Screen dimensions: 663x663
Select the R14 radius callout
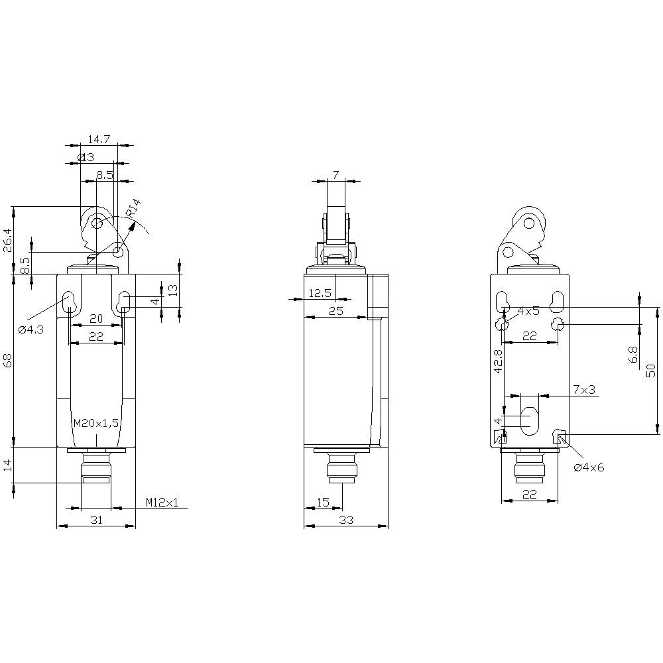[133, 208]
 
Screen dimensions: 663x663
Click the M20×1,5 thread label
[96, 423]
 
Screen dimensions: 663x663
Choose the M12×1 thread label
[162, 503]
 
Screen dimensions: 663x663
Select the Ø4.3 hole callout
[31, 330]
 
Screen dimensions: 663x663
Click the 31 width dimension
[96, 520]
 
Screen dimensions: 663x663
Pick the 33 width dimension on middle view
[345, 520]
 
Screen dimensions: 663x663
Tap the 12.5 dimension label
[320, 293]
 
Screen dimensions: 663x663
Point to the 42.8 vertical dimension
[499, 363]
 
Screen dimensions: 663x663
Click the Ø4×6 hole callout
[589, 467]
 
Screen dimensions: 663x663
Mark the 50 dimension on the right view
[651, 371]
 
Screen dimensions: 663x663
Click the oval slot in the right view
[530, 419]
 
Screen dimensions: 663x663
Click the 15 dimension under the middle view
[323, 503]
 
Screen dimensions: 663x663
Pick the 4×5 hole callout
[528, 310]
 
